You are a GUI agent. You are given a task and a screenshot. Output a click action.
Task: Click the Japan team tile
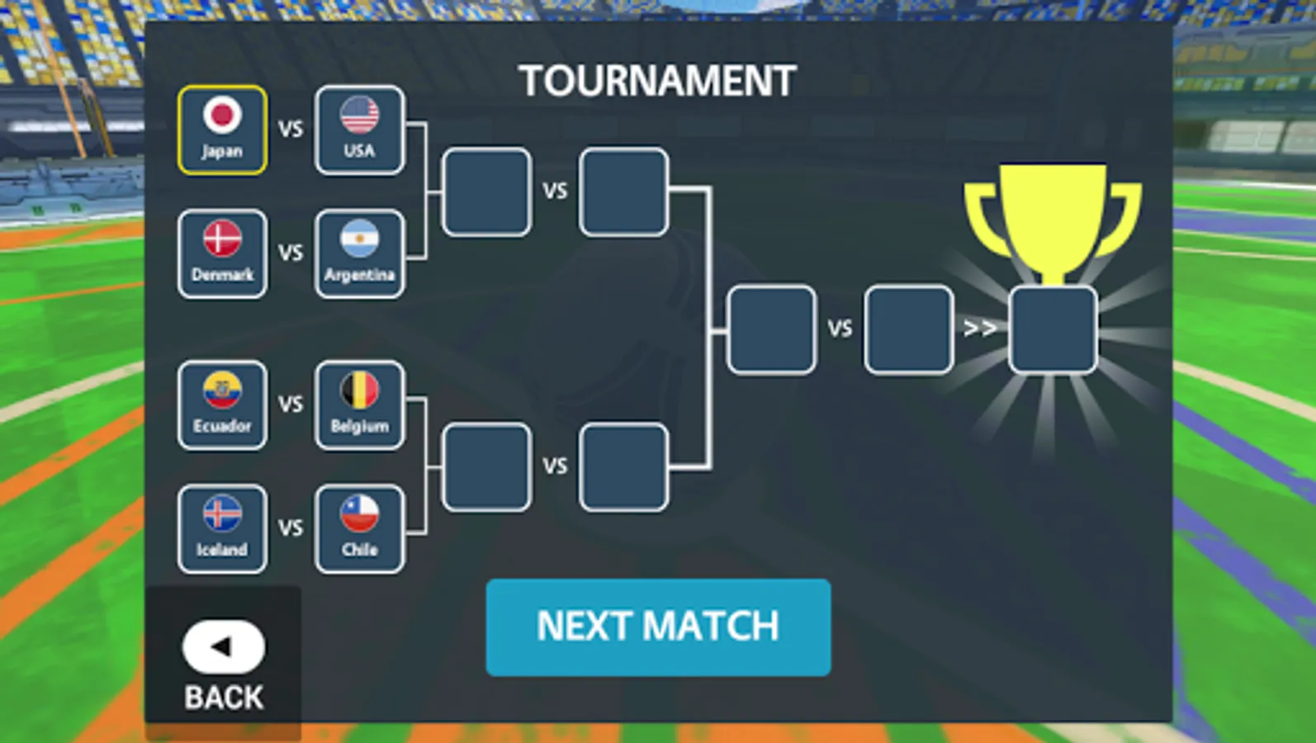coord(223,130)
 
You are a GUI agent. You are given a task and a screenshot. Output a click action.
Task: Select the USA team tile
coord(360,130)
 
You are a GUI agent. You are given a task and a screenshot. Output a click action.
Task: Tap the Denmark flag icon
coord(222,239)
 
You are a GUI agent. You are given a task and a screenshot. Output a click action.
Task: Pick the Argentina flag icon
coord(360,239)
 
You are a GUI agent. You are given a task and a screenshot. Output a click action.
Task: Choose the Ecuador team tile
coord(223,405)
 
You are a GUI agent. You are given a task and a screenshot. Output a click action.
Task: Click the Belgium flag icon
coord(360,390)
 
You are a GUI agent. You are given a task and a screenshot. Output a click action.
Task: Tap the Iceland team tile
coord(223,528)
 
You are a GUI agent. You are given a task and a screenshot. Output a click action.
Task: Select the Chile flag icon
coord(360,514)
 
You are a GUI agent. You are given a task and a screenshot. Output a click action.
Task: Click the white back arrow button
coord(223,646)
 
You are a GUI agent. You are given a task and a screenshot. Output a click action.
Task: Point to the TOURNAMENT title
coord(657,80)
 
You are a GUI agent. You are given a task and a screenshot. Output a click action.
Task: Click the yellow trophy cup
coord(1053,224)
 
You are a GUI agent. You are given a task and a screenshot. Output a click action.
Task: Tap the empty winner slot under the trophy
coord(1053,329)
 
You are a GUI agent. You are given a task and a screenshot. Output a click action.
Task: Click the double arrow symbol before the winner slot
coord(980,328)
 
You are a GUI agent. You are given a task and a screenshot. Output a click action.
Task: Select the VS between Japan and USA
coord(291,129)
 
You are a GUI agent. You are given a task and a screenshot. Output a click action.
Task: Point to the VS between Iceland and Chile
coord(291,528)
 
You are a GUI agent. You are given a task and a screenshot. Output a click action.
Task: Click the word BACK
coord(224,698)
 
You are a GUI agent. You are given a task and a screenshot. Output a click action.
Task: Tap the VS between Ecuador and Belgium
coord(291,404)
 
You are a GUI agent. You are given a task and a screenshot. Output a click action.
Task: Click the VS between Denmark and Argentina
coord(291,253)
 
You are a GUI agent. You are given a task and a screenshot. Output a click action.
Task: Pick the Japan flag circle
coord(222,114)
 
